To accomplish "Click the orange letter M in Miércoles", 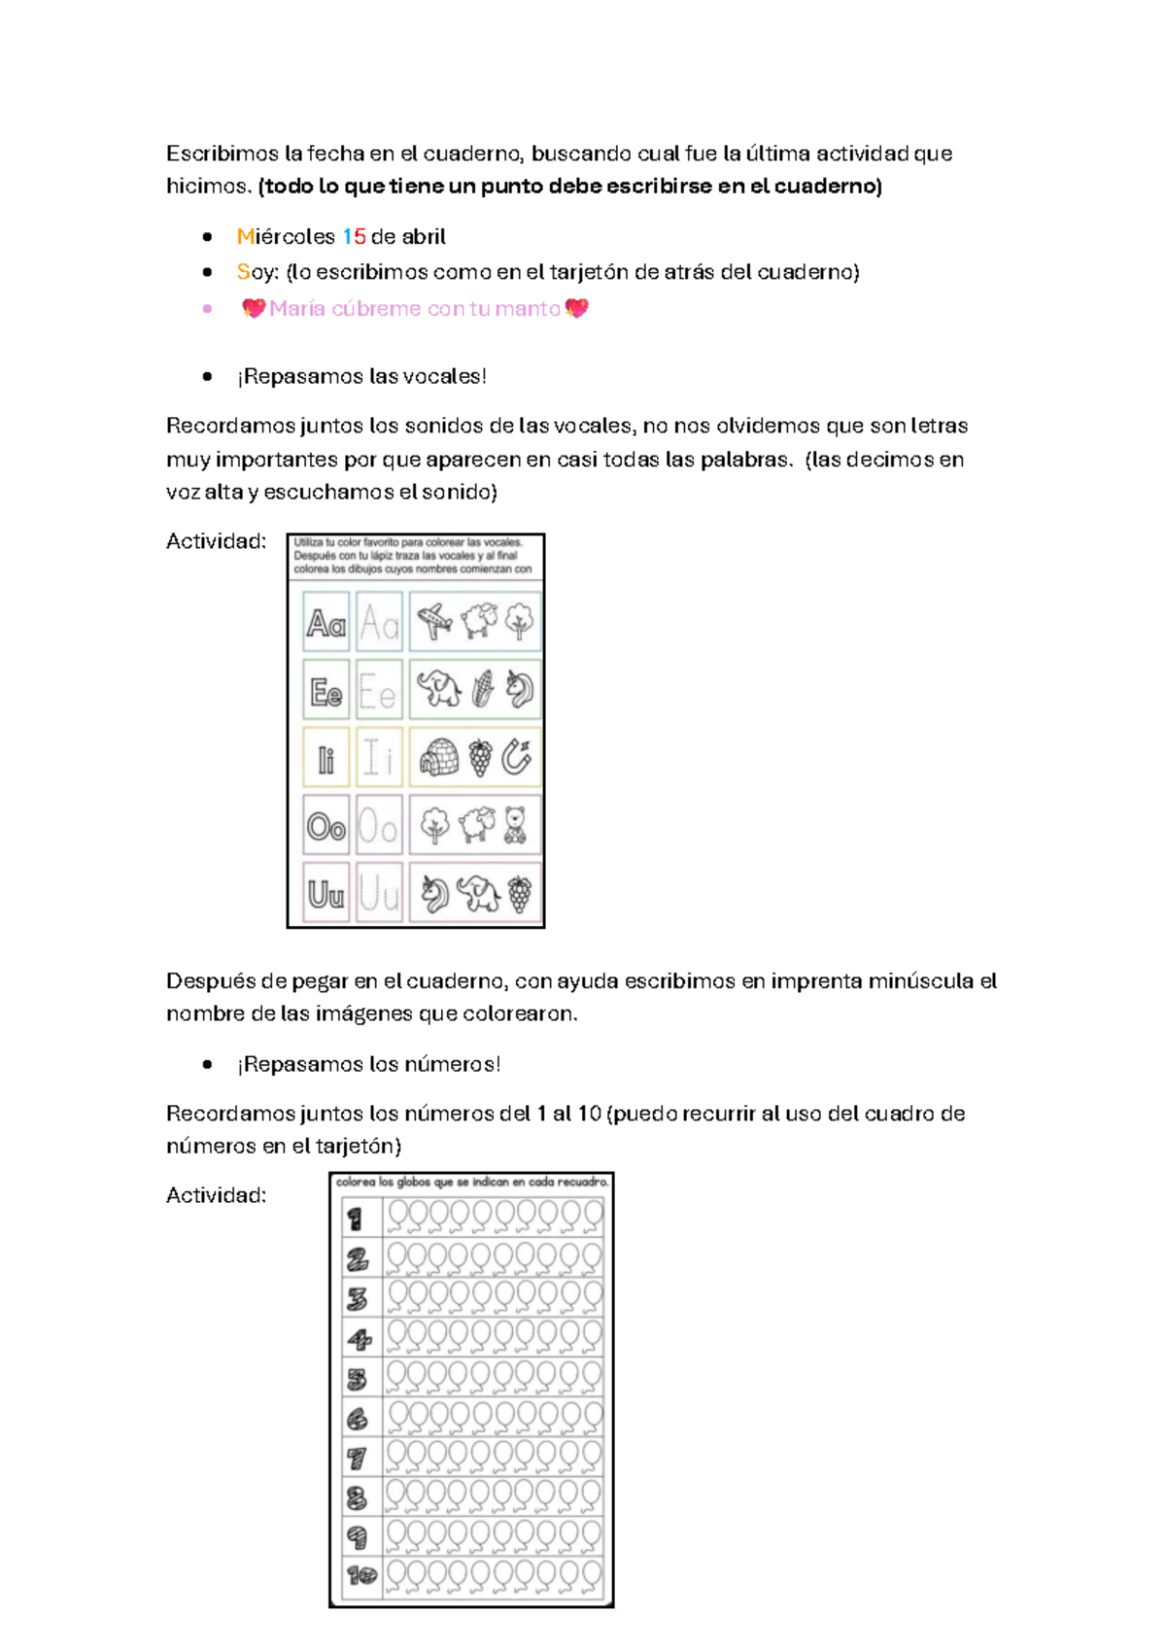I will pyautogui.click(x=245, y=237).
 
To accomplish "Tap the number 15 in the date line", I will pyautogui.click(x=355, y=237).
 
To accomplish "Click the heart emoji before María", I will pyautogui.click(x=254, y=309).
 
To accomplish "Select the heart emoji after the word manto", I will pyautogui.click(x=576, y=309).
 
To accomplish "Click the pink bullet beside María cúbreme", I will pyautogui.click(x=207, y=309).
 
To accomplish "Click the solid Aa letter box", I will pyautogui.click(x=326, y=622).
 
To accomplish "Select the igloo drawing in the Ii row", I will pyautogui.click(x=438, y=756).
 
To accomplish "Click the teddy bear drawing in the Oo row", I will pyautogui.click(x=515, y=825).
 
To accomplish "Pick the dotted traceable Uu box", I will pyautogui.click(x=379, y=893).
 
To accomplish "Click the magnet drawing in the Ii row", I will pyautogui.click(x=517, y=756).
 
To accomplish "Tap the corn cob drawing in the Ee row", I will pyautogui.click(x=483, y=689).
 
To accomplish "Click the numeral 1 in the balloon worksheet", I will pyautogui.click(x=356, y=1219).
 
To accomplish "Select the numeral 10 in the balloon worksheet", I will pyautogui.click(x=361, y=1575).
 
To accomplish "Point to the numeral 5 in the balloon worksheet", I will pyautogui.click(x=357, y=1379).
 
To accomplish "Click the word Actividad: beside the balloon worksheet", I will pyautogui.click(x=216, y=1196).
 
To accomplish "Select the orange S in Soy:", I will pyautogui.click(x=243, y=272).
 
